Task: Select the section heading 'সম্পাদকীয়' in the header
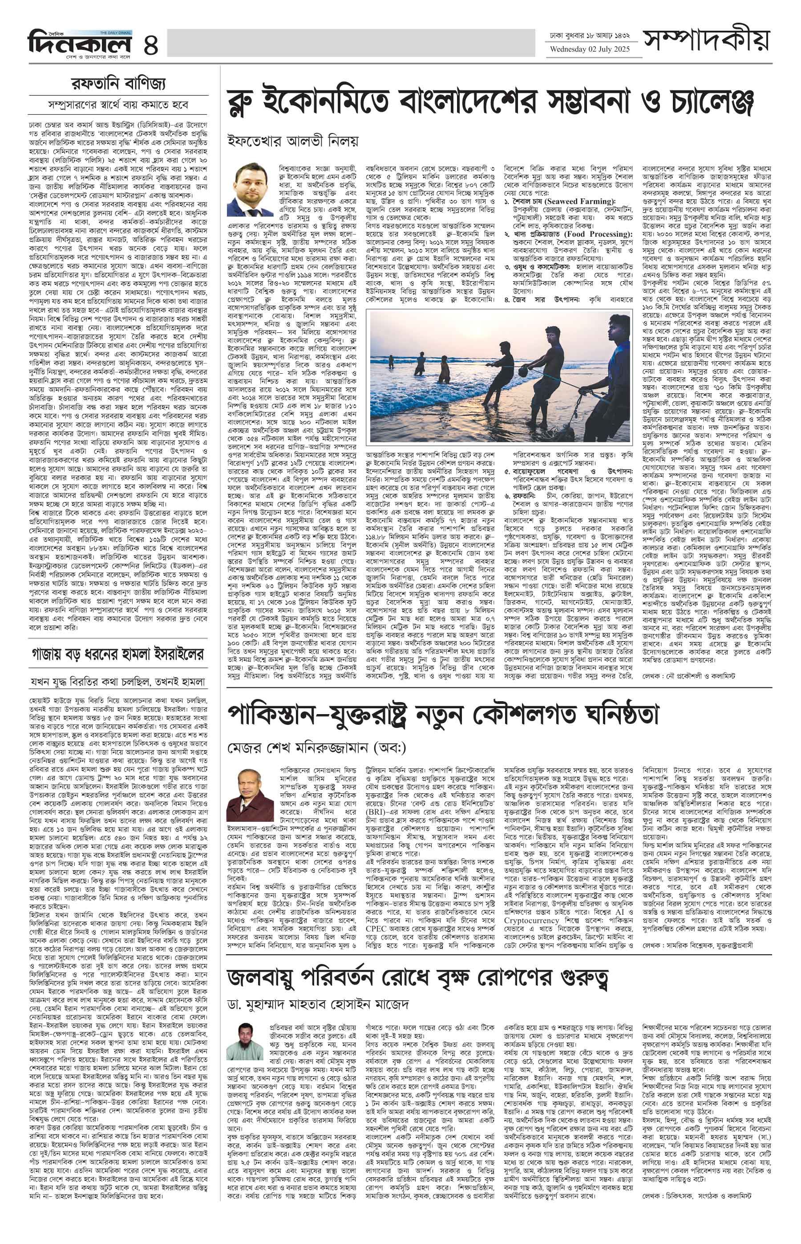click(x=707, y=40)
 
